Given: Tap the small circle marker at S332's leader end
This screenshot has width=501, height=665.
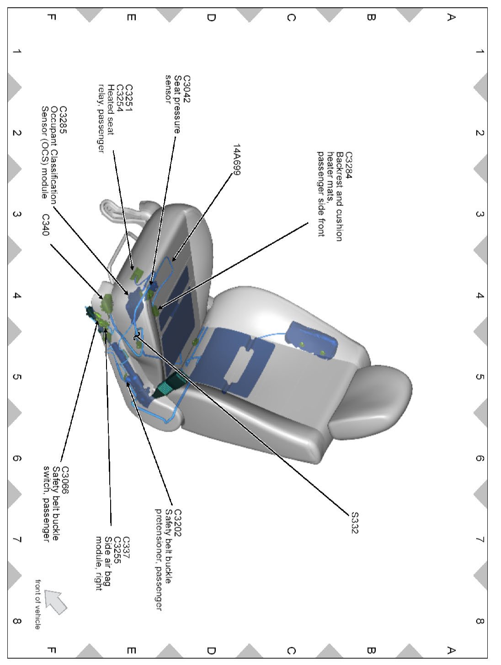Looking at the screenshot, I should [136, 337].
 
